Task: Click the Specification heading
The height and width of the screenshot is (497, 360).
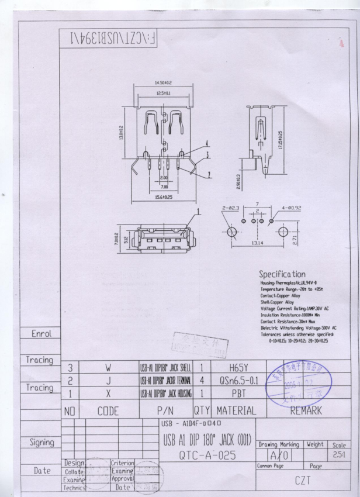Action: coord(282,274)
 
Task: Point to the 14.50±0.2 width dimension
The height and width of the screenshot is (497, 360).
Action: coord(163,83)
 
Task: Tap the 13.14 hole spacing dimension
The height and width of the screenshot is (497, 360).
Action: coord(257,241)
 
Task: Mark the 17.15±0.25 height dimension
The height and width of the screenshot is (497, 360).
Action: coord(281,141)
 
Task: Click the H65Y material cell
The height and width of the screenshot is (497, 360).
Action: coord(238,368)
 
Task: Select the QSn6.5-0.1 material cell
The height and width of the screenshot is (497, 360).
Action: coord(238,381)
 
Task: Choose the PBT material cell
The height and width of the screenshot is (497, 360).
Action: coord(238,394)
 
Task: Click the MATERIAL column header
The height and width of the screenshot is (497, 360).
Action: coord(236,410)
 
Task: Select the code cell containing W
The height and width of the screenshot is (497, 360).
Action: coord(108,368)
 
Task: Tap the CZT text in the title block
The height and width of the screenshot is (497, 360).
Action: coord(302,480)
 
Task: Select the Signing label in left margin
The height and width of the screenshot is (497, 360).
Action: coord(41,443)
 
